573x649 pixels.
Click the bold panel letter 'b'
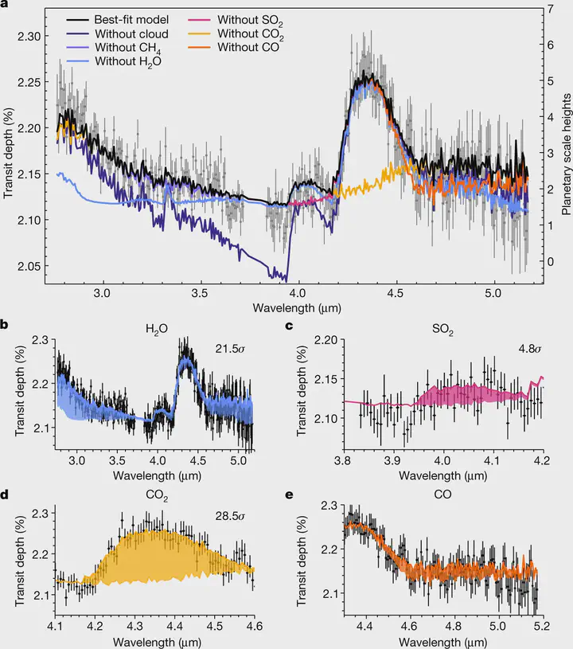click(6, 325)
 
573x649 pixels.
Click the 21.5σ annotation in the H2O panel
click(228, 348)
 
